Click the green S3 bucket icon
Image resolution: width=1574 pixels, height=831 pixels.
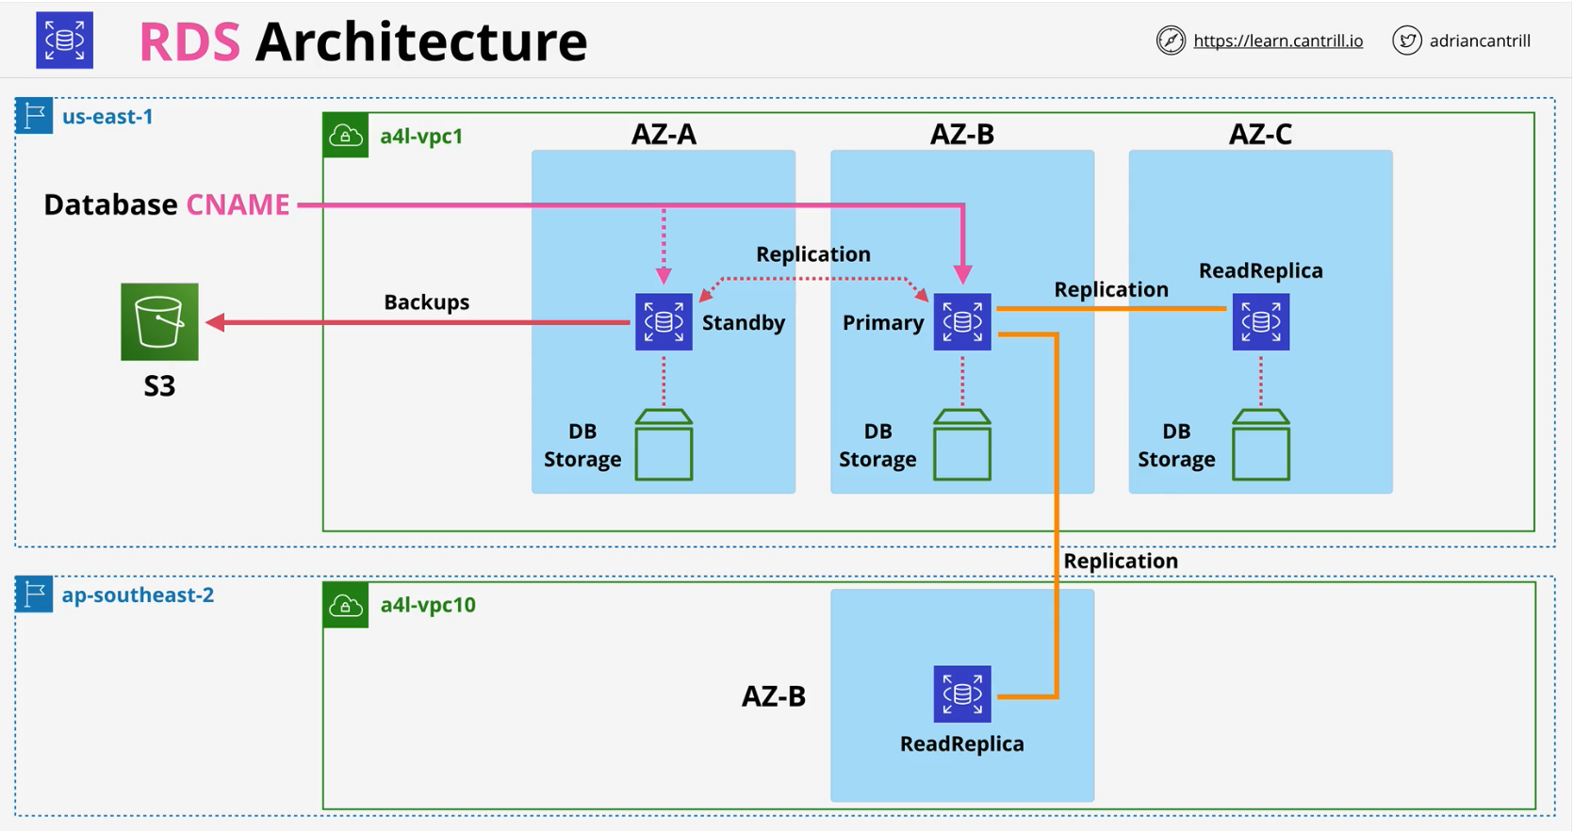pos(159,321)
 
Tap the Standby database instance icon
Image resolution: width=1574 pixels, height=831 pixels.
pos(664,322)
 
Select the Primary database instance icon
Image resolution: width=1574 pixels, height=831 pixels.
pos(961,322)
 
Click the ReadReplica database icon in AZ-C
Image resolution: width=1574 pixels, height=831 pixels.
pos(1260,322)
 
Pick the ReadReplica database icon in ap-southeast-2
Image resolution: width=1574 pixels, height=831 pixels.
pos(961,694)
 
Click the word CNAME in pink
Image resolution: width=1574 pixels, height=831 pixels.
pos(238,204)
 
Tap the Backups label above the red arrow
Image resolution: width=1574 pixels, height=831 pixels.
pos(426,301)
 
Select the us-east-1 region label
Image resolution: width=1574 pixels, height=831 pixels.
pos(107,117)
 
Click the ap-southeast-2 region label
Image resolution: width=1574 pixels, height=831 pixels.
pos(138,595)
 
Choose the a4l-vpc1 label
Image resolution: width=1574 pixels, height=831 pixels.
pos(421,136)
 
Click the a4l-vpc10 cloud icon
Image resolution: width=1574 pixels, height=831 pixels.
pos(346,605)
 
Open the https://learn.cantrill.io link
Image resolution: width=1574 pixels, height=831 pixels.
pos(1277,41)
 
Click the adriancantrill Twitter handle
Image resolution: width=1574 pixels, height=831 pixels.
pos(1479,41)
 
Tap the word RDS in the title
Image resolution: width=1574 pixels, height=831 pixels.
pos(189,42)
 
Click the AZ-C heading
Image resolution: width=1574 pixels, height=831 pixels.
pos(1260,134)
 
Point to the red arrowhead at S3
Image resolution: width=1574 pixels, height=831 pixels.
pos(216,322)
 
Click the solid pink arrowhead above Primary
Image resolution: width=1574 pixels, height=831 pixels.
pos(962,275)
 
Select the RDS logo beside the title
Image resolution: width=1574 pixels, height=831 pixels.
pos(64,41)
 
